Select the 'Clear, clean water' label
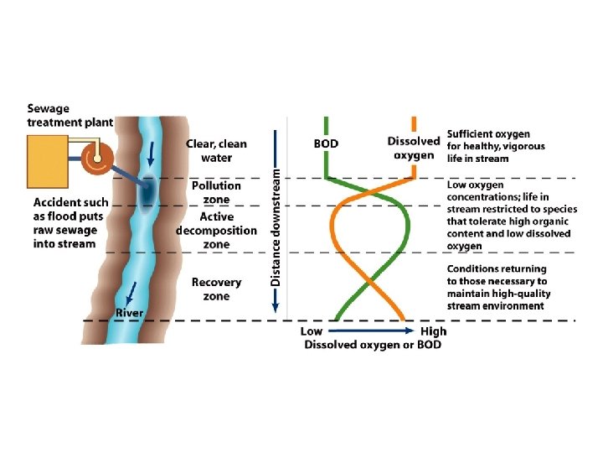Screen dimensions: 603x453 point(216,150)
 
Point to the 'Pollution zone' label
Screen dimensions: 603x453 point(216,191)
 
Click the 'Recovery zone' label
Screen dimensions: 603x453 point(216,289)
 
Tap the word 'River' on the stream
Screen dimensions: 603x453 point(129,313)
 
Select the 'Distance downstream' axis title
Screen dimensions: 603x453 point(276,226)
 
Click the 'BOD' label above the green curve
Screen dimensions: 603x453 point(326,143)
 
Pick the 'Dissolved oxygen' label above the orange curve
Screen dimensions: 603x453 point(413,148)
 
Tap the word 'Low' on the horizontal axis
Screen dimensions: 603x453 point(312,332)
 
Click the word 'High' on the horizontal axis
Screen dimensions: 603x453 point(433,332)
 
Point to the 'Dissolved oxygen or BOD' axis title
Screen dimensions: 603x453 point(373,345)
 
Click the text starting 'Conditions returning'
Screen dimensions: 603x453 point(497,287)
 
